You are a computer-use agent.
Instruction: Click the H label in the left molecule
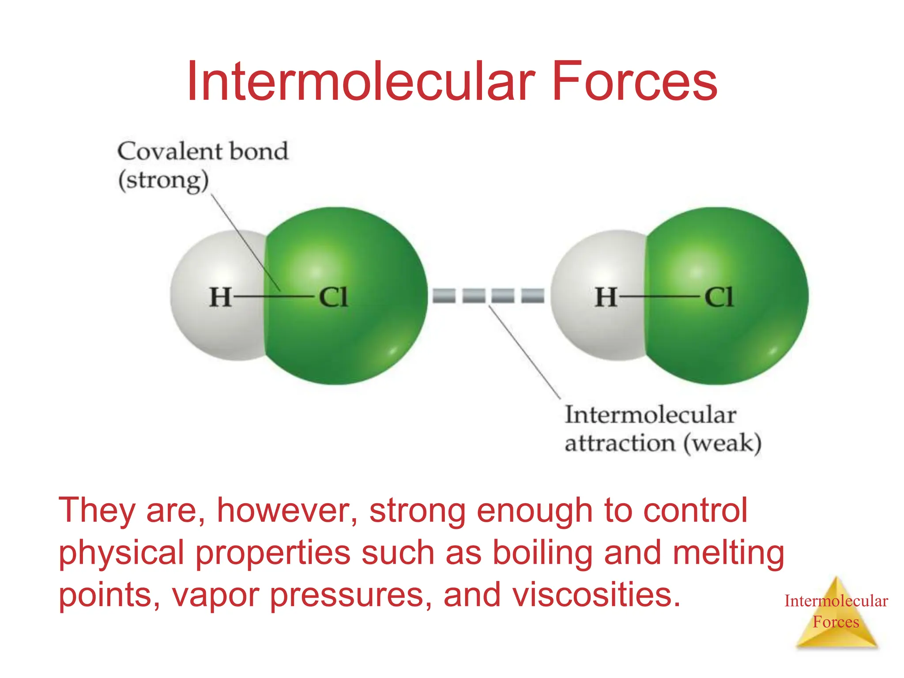[220, 297]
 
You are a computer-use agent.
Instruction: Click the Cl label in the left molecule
[334, 297]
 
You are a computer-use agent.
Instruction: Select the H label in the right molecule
[606, 297]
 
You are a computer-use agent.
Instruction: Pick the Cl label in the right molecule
[719, 297]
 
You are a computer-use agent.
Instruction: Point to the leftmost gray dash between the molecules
[444, 295]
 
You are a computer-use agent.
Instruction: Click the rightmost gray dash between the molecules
[533, 295]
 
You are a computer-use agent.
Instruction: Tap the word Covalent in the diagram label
[169, 151]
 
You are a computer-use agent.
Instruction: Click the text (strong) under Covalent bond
[163, 181]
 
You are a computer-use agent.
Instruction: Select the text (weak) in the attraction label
[723, 443]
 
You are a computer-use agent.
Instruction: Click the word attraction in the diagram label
[620, 443]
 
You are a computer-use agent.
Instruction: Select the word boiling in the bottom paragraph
[542, 553]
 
